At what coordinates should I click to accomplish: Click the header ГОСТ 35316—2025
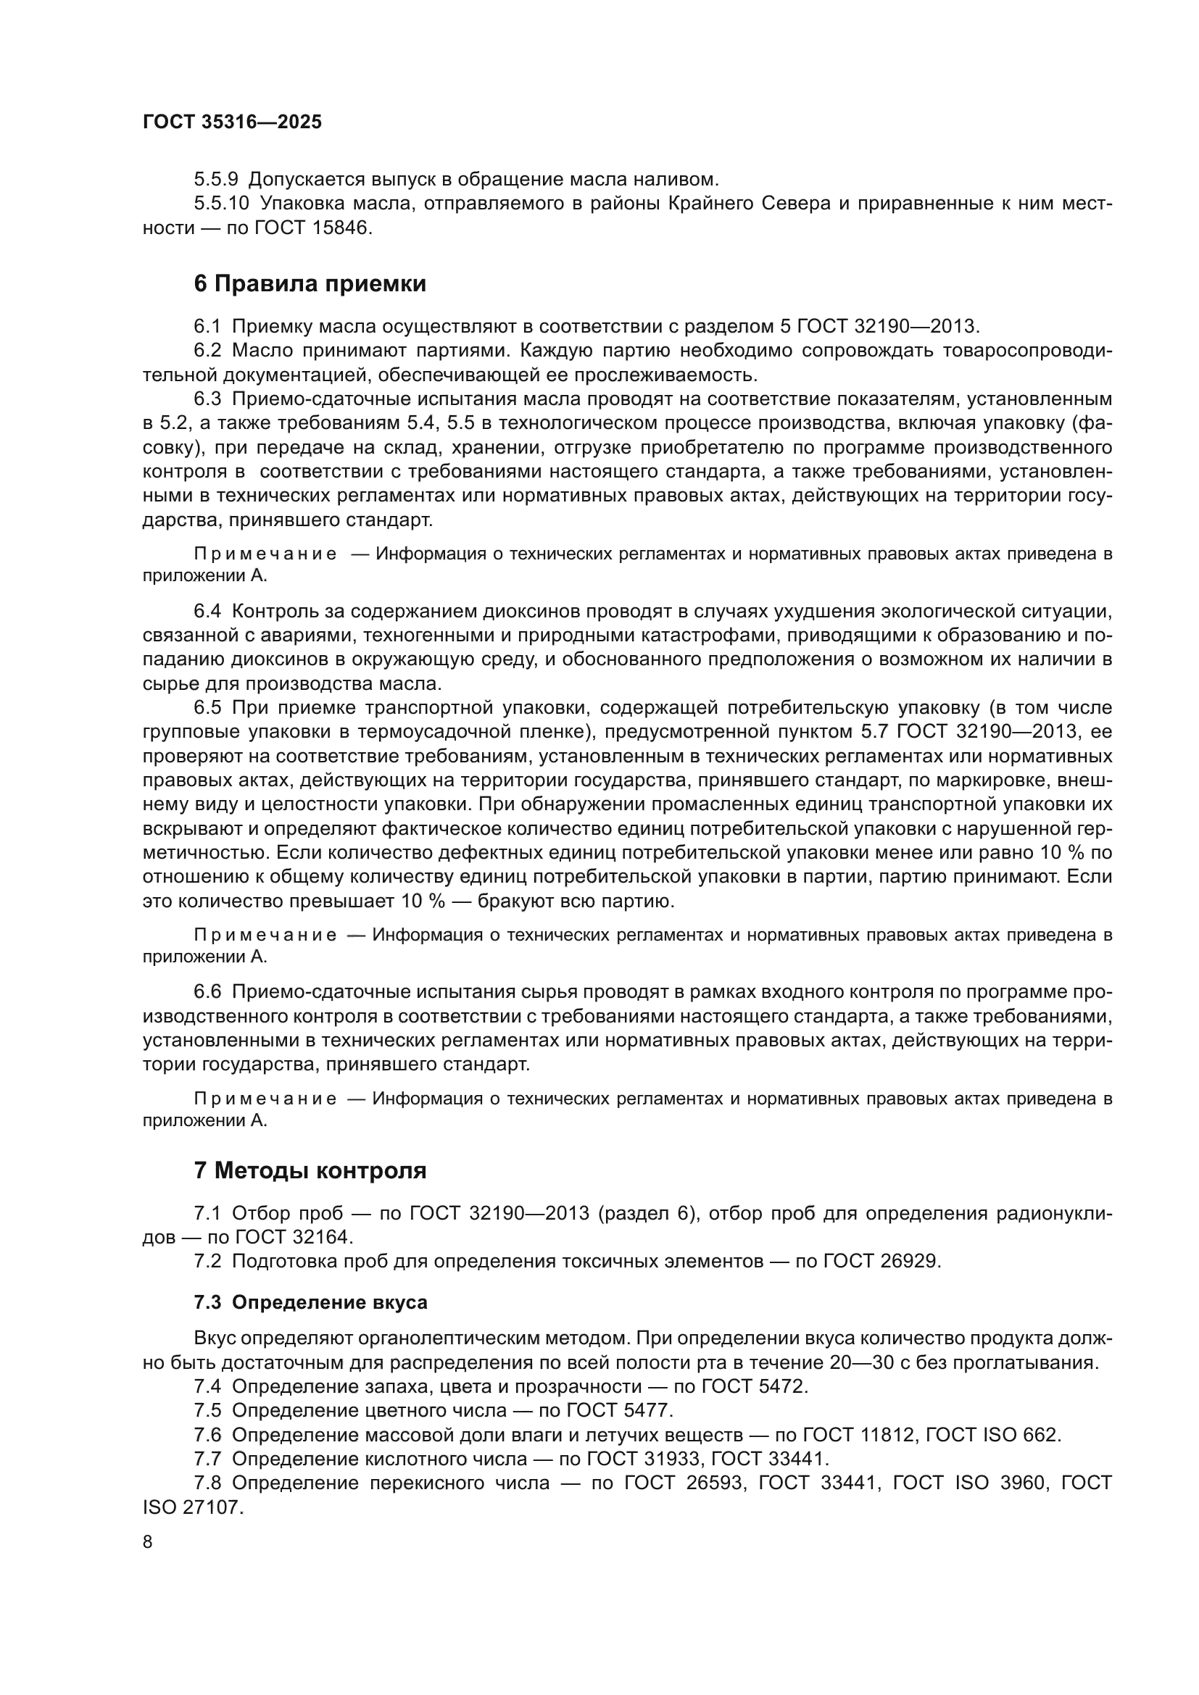coord(232,122)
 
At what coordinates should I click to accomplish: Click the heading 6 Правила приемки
coord(310,283)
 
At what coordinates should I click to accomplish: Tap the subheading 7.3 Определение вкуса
coord(310,1302)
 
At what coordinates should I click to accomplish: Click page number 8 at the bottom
coord(148,1542)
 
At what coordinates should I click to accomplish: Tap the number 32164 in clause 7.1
coord(322,1237)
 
